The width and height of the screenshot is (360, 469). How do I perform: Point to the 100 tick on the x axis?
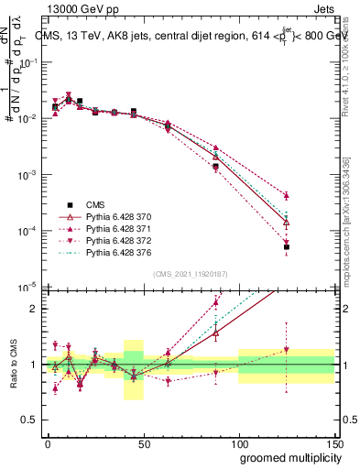pyautogui.click(x=239, y=443)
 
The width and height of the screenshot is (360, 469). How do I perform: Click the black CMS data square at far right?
pyautogui.click(x=287, y=247)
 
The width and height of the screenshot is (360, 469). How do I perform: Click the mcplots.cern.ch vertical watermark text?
pyautogui.click(x=347, y=247)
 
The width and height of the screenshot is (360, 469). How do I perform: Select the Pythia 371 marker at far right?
pyautogui.click(x=287, y=195)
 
